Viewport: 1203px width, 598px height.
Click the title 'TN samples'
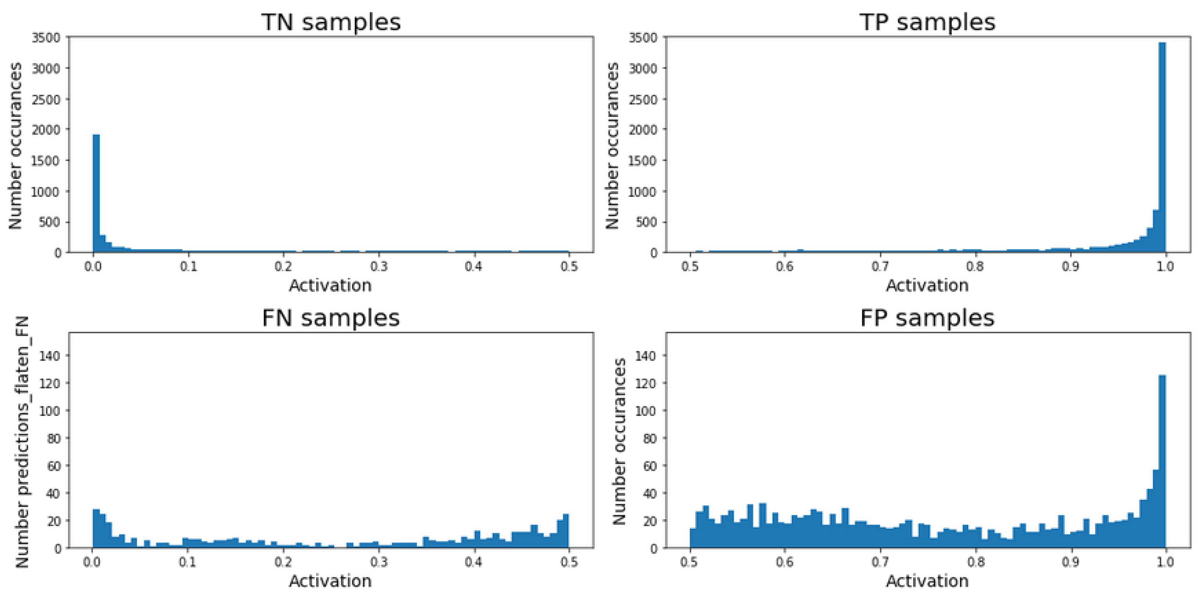tap(331, 22)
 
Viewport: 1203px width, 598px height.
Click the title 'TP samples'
tap(927, 22)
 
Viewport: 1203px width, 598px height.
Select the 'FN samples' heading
tap(331, 318)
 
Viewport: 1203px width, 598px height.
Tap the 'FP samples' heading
tap(927, 318)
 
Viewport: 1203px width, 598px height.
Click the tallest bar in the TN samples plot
tap(96, 196)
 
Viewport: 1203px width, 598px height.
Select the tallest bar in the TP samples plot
tap(1162, 149)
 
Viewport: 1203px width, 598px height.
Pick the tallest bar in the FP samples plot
tap(1162, 462)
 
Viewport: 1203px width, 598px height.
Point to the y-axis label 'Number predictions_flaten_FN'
tap(23, 442)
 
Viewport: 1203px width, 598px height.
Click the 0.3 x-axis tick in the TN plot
tap(379, 267)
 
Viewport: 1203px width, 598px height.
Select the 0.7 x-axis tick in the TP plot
tap(880, 267)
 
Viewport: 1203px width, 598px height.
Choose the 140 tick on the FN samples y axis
tap(50, 356)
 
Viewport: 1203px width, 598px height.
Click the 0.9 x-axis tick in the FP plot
tap(1070, 562)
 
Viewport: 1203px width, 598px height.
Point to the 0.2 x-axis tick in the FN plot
tap(283, 562)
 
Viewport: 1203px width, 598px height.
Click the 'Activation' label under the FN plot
tap(330, 581)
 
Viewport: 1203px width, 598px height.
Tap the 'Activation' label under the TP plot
tap(927, 285)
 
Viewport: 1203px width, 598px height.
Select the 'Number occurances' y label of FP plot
tap(619, 442)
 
